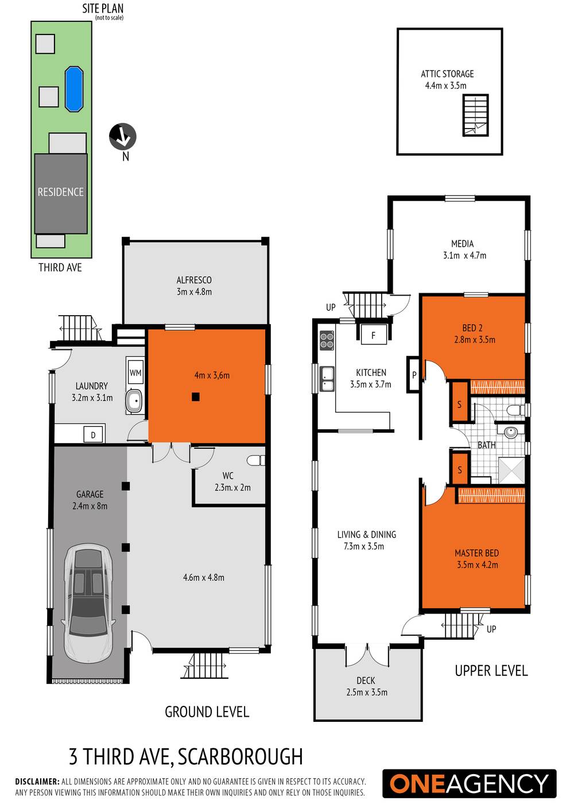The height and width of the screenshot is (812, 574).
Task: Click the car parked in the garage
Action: click(89, 602)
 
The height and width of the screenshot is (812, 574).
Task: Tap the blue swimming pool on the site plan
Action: click(74, 88)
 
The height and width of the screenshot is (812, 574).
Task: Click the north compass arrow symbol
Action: click(123, 137)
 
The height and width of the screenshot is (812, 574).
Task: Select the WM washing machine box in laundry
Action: click(135, 372)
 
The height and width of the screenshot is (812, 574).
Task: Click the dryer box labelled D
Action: click(94, 435)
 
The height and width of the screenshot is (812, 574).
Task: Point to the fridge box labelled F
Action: click(373, 335)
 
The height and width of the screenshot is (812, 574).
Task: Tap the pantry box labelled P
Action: click(414, 375)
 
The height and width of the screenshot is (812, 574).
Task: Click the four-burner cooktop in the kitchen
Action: click(327, 340)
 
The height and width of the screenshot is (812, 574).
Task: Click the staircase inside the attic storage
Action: click(476, 115)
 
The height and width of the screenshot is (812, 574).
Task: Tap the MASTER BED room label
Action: click(476, 553)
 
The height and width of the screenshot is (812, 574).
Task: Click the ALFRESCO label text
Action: click(194, 280)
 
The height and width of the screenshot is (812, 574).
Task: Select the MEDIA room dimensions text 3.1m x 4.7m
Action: click(464, 255)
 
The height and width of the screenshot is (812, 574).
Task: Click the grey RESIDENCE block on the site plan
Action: click(61, 192)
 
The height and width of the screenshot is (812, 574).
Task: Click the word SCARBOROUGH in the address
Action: click(240, 757)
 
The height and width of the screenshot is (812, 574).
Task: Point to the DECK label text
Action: click(366, 681)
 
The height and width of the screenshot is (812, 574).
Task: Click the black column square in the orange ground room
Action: click(196, 397)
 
